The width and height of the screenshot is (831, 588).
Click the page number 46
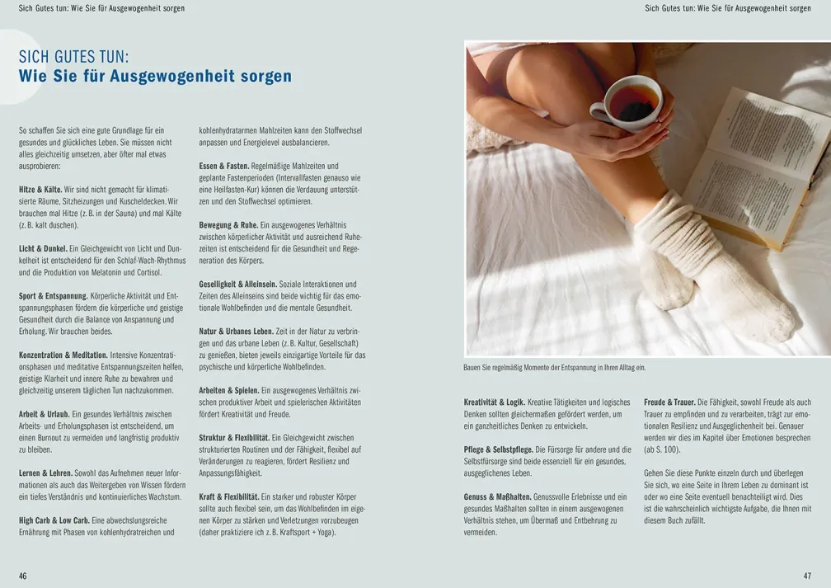coord(23,576)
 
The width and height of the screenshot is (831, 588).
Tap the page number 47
coord(807,576)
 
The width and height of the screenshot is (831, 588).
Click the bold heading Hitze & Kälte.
coord(40,190)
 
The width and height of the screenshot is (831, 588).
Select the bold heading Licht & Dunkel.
coord(43,249)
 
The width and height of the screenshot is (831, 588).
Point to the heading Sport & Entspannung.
coord(53,296)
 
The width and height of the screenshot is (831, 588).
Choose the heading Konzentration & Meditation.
coord(63,355)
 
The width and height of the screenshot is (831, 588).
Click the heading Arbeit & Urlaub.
coord(44,414)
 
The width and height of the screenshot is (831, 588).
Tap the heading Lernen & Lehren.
coord(45,473)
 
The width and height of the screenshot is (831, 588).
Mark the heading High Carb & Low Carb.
coord(54,520)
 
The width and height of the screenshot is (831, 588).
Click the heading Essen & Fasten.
coord(223,166)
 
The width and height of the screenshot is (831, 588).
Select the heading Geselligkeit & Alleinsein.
coord(238,285)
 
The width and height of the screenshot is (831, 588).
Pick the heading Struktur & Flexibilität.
coord(234,438)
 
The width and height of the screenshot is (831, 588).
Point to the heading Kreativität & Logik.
coord(495,402)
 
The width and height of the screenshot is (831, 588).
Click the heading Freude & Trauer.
coord(669,402)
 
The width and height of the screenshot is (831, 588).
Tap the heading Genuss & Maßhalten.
coord(497,496)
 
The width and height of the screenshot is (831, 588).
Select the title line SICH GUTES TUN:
coord(73,57)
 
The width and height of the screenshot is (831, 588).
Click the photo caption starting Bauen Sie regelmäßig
coord(554,368)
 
